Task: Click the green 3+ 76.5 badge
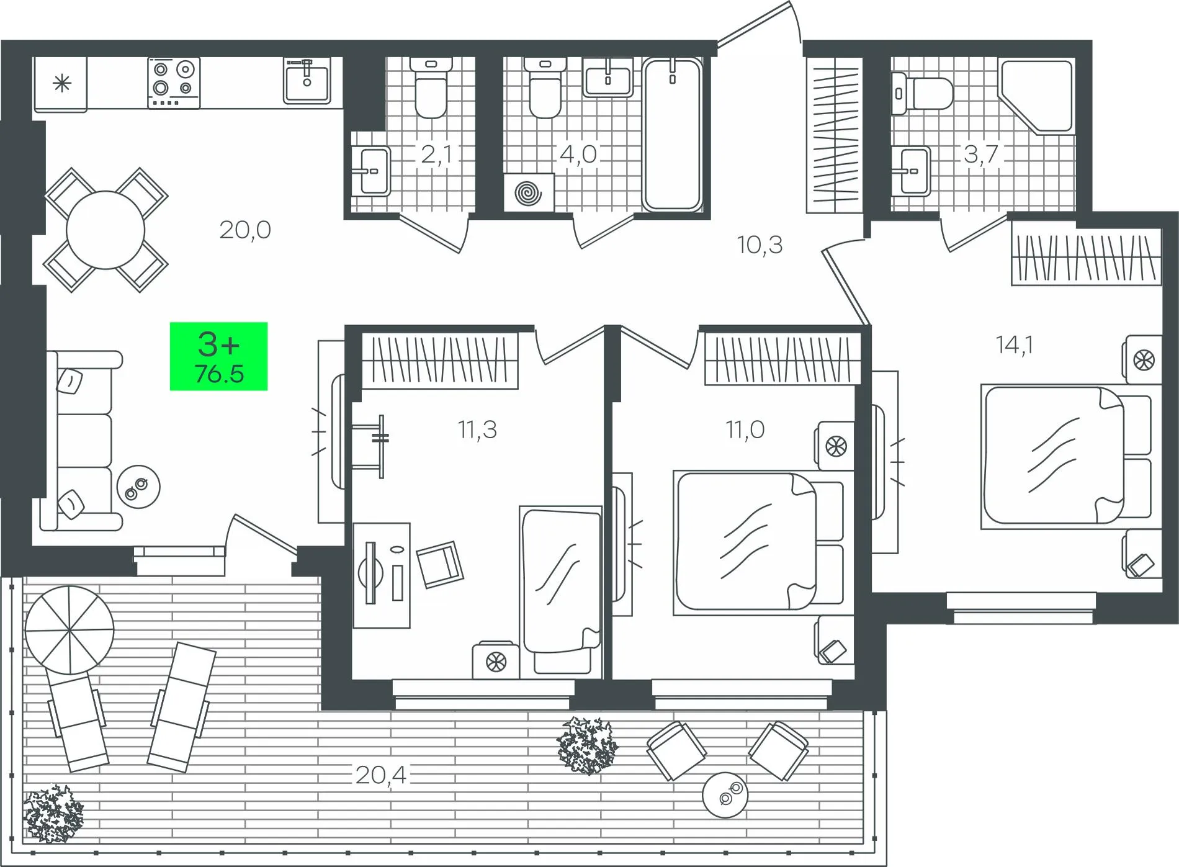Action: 219,356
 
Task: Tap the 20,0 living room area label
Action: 245,230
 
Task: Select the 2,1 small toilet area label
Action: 437,154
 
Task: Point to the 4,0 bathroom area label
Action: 578,154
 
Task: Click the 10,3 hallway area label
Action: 760,245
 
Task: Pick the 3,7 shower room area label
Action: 981,154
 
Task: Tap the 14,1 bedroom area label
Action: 1015,344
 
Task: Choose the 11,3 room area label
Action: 478,429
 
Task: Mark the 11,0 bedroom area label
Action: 745,429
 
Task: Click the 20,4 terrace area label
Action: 381,775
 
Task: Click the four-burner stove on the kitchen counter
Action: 174,83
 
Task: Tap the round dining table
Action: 105,230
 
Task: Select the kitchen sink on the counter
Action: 307,80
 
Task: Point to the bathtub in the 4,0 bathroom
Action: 672,134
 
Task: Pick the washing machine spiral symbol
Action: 528,193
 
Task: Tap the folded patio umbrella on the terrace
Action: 69,631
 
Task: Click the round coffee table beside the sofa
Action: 139,487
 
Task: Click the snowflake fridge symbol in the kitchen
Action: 61,83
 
